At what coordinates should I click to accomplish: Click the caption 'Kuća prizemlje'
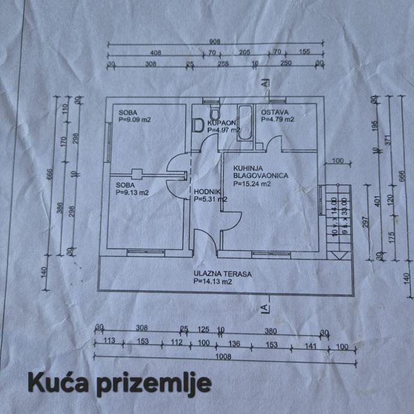click(x=119, y=382)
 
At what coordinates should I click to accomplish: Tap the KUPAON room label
click(x=221, y=122)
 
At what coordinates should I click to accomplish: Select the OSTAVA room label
click(x=275, y=112)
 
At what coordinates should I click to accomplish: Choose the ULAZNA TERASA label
click(x=222, y=274)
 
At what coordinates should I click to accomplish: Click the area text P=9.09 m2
click(x=134, y=119)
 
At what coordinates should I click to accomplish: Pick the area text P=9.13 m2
click(x=133, y=193)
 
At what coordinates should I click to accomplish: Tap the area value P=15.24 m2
click(x=254, y=184)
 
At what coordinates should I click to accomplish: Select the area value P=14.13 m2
click(x=213, y=281)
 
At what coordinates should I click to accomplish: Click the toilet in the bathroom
click(x=215, y=112)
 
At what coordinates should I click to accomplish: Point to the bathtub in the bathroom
click(x=245, y=123)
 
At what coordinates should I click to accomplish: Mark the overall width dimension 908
click(x=215, y=41)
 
